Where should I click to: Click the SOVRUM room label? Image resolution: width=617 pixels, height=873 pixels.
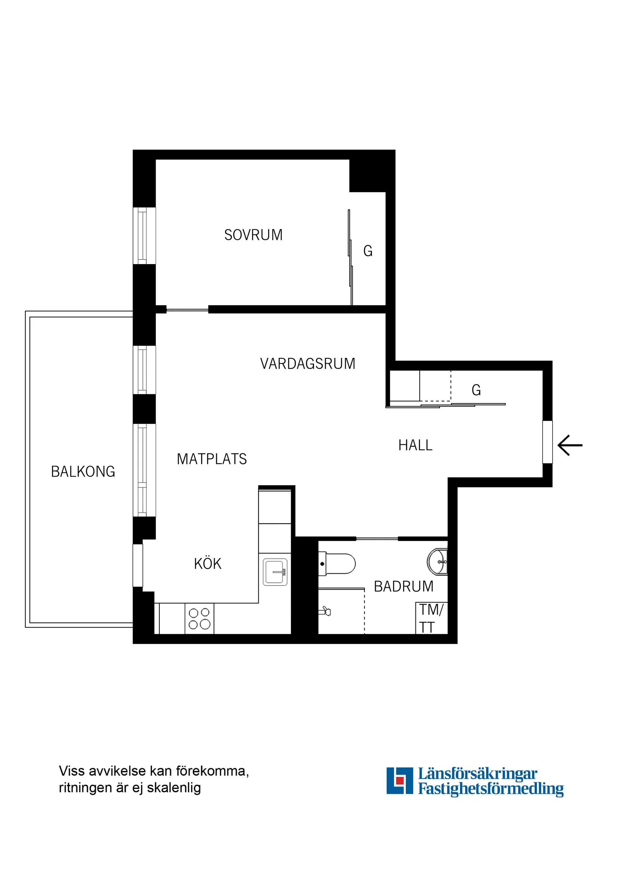click(x=253, y=235)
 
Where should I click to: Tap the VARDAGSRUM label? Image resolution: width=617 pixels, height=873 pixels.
click(x=307, y=364)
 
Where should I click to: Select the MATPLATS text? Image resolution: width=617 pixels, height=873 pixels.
click(x=212, y=459)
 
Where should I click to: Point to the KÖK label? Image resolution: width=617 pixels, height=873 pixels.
click(x=208, y=564)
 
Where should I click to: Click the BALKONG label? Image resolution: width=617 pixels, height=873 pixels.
click(x=83, y=472)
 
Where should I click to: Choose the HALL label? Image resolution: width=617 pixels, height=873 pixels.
click(x=415, y=445)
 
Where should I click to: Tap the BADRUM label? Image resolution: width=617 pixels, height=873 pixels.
click(x=404, y=587)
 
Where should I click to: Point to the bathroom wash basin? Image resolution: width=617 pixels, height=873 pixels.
click(x=438, y=561)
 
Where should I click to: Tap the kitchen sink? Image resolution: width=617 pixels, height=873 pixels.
click(x=275, y=572)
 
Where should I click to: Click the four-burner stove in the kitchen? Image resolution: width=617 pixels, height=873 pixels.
click(x=199, y=618)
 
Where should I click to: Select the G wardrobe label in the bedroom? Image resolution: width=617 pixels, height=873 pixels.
click(x=368, y=251)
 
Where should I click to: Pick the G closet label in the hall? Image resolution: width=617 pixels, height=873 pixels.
click(x=476, y=390)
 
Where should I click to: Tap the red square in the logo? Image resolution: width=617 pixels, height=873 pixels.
click(x=399, y=781)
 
